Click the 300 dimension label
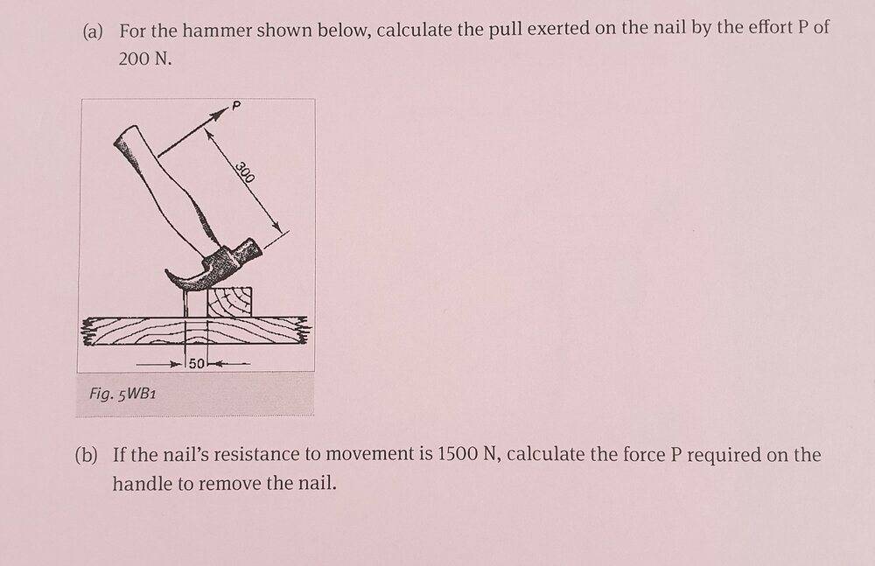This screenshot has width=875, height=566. click(x=244, y=172)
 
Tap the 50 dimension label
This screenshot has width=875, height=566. click(x=196, y=363)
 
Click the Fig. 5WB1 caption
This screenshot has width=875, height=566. click(x=122, y=394)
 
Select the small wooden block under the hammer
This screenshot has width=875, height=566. click(x=228, y=302)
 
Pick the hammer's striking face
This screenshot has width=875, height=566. click(x=255, y=248)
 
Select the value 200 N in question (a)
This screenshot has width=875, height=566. click(x=145, y=59)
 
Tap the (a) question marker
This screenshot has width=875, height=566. click(x=93, y=31)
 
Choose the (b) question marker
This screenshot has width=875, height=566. click(x=86, y=456)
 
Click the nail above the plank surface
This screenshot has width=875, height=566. click(x=185, y=303)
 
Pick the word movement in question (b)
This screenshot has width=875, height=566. click(x=371, y=454)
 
